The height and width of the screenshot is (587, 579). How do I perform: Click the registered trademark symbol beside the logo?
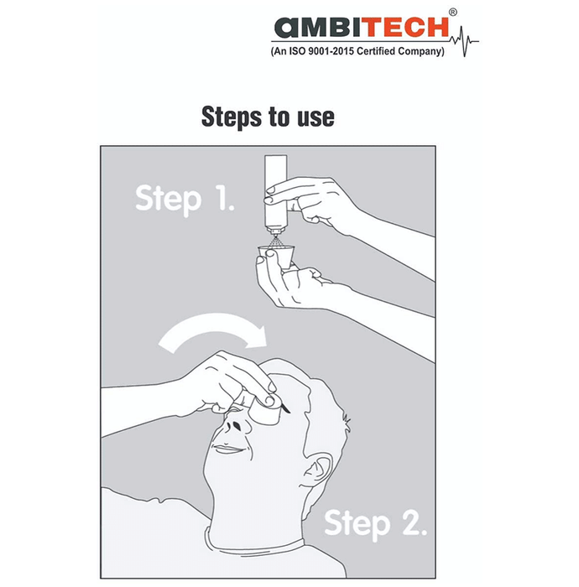pos(453,12)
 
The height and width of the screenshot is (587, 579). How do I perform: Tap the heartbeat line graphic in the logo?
pos(464,41)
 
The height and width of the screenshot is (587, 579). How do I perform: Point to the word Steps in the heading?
pos(231,117)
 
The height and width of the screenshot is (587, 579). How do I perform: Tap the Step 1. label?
pos(185,200)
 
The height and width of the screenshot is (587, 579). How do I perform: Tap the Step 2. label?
pos(375,524)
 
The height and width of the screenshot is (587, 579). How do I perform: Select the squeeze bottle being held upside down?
pos(275,195)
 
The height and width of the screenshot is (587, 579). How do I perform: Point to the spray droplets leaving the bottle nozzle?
pos(275,241)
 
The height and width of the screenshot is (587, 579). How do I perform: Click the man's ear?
pos(316,469)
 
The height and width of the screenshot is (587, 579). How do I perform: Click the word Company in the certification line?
pos(421,51)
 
